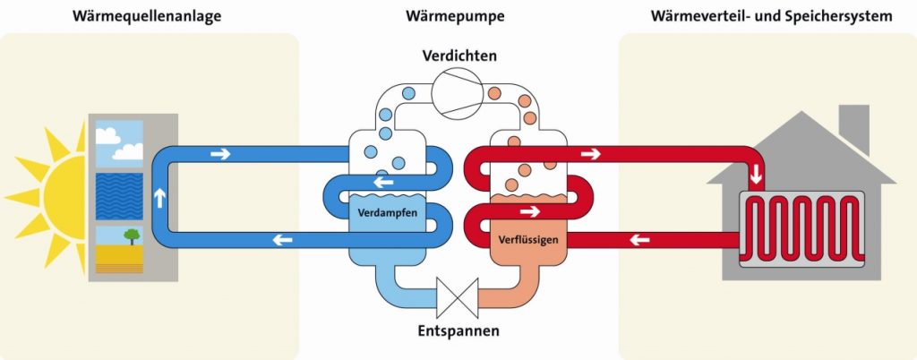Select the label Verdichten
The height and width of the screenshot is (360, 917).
pyautogui.click(x=459, y=56)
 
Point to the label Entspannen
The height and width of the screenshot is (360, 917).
pyautogui.click(x=458, y=330)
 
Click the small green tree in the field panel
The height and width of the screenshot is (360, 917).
pyautogui.click(x=132, y=236)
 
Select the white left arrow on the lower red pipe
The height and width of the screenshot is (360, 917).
pyautogui.click(x=639, y=239)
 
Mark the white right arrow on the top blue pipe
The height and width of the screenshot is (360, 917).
pyautogui.click(x=219, y=154)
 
